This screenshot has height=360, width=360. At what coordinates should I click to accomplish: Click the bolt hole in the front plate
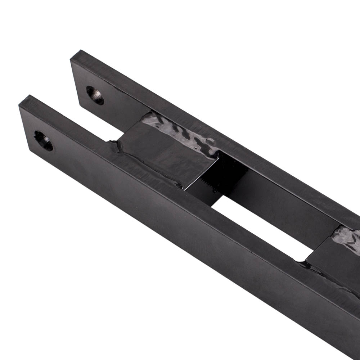coord(43,141)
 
